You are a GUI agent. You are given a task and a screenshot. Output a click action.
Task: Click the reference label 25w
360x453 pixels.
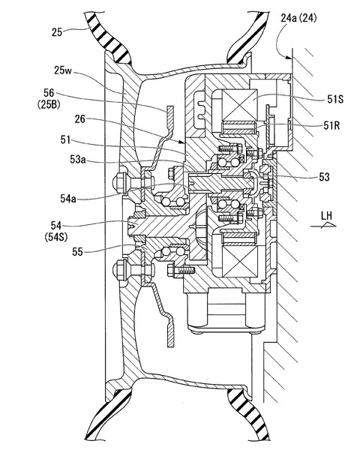[x=63, y=70]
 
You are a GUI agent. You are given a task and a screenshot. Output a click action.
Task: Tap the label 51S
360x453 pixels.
[x=335, y=99]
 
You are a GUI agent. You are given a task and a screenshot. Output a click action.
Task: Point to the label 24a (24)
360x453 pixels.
[x=298, y=18]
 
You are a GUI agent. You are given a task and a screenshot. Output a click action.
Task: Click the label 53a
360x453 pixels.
[x=78, y=159]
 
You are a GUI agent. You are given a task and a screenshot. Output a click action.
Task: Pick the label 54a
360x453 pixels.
[x=68, y=198]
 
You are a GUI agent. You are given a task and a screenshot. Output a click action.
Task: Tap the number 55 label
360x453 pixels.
[x=77, y=252]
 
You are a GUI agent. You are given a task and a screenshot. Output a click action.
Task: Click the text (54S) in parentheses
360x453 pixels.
[x=56, y=237]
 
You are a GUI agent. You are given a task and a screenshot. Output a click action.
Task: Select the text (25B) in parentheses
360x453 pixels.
[x=49, y=104]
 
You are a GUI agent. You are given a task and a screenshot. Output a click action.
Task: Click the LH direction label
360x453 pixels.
[x=326, y=216]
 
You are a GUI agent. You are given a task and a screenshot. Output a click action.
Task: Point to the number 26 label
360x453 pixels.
[x=80, y=119]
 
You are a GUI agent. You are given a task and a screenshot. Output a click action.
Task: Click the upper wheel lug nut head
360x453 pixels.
[x=118, y=184]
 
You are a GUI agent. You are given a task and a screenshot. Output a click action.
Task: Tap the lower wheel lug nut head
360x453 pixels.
[x=119, y=270]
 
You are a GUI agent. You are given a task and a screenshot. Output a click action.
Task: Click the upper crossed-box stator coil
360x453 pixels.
[x=240, y=105]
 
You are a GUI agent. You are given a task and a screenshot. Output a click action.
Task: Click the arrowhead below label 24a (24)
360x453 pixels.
[x=289, y=57]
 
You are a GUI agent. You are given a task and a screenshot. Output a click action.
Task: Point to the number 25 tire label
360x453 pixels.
[x=57, y=31]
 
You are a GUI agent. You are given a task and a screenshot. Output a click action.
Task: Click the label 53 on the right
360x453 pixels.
[x=324, y=176]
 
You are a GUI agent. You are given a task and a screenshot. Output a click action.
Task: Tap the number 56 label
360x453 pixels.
[x=49, y=93]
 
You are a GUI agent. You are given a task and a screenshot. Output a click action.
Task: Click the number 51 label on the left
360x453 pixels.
[x=65, y=139]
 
